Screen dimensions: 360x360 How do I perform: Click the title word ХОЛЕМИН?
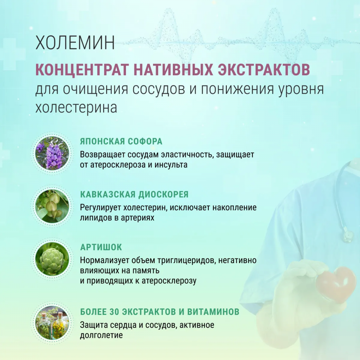click(x=75, y=42)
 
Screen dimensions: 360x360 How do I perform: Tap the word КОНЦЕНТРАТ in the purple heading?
click(x=82, y=69)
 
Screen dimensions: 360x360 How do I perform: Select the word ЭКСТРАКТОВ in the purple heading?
click(x=264, y=69)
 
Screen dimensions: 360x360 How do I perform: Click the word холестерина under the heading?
click(x=76, y=107)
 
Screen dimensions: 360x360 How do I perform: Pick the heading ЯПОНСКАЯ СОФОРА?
click(x=121, y=141)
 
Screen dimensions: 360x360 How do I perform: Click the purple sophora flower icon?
click(x=52, y=153)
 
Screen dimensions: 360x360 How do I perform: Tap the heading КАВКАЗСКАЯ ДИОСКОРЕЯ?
click(x=134, y=194)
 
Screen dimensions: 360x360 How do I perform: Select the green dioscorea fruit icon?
click(x=52, y=206)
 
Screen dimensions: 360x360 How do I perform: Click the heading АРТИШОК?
click(x=101, y=247)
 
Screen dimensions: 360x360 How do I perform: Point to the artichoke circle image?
click(x=52, y=259)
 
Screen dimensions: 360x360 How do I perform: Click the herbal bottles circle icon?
click(x=52, y=323)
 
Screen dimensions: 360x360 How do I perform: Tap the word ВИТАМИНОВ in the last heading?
click(x=213, y=312)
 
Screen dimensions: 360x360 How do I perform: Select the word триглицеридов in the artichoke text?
click(x=186, y=261)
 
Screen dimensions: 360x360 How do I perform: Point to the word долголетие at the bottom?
click(x=101, y=336)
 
